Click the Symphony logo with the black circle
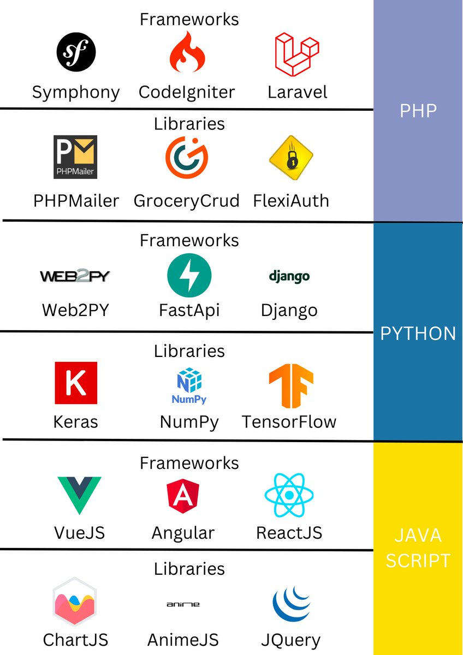click(76, 53)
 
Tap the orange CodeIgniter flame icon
click(187, 53)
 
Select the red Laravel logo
click(296, 54)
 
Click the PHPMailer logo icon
click(75, 157)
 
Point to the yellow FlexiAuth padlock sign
click(291, 159)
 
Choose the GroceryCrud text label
click(187, 201)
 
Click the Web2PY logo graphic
click(75, 276)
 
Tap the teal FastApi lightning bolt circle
click(189, 276)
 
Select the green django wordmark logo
click(289, 276)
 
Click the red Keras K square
click(76, 383)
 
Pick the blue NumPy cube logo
click(189, 385)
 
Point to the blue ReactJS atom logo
click(289, 495)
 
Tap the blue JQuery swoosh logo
click(295, 604)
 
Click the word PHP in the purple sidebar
click(418, 111)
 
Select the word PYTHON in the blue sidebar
click(418, 333)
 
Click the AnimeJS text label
click(183, 639)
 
